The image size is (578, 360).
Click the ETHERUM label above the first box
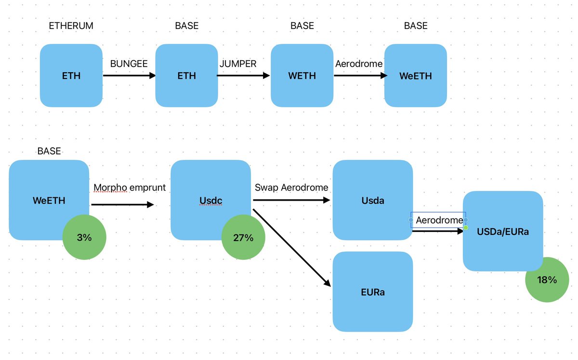(x=71, y=26)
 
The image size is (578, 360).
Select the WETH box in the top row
(x=302, y=76)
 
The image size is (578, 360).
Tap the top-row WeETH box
(x=415, y=76)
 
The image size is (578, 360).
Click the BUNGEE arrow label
(x=129, y=64)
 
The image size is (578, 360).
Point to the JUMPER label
(x=238, y=64)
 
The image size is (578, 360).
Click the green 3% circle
(x=84, y=238)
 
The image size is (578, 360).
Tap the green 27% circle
(x=243, y=238)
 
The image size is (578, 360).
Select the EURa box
(x=373, y=292)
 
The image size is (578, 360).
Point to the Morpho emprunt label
(x=130, y=188)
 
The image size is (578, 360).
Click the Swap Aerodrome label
(x=291, y=188)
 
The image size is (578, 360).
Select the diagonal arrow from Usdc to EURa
(x=291, y=247)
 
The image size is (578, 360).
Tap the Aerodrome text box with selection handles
(x=438, y=220)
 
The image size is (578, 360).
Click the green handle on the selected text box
(x=466, y=227)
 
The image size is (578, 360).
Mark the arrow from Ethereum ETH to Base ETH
(x=129, y=76)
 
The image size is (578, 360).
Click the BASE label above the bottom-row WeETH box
(x=49, y=151)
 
